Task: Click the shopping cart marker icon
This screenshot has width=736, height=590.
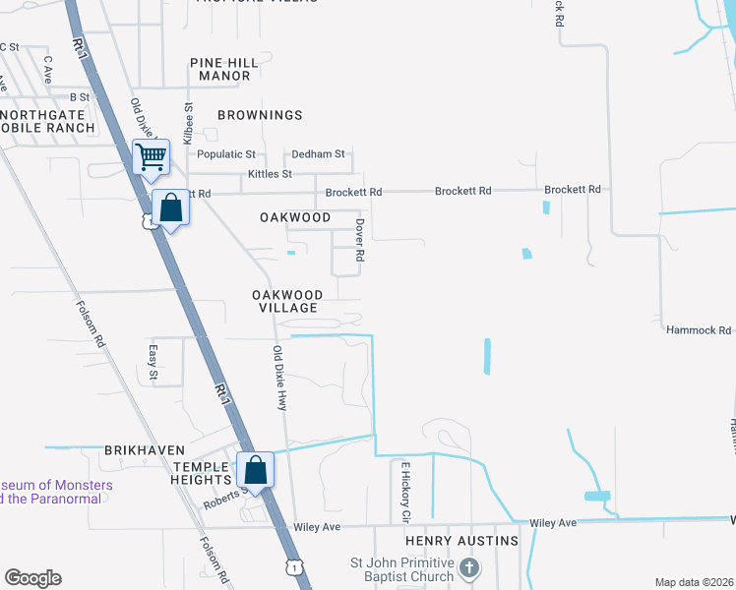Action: click(151, 156)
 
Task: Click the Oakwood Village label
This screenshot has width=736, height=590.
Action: click(286, 301)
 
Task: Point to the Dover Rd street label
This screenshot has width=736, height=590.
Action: click(360, 239)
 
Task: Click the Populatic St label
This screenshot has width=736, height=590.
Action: click(225, 154)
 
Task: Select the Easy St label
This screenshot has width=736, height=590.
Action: click(153, 362)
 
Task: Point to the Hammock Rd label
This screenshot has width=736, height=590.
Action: click(699, 331)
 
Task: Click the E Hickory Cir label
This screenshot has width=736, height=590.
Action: click(403, 492)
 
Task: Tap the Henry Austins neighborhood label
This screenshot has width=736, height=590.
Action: click(461, 542)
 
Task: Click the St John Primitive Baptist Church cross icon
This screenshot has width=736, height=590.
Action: click(470, 567)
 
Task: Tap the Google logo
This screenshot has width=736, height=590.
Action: click(32, 578)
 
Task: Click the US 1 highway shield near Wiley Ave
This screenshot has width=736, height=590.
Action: click(292, 566)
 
